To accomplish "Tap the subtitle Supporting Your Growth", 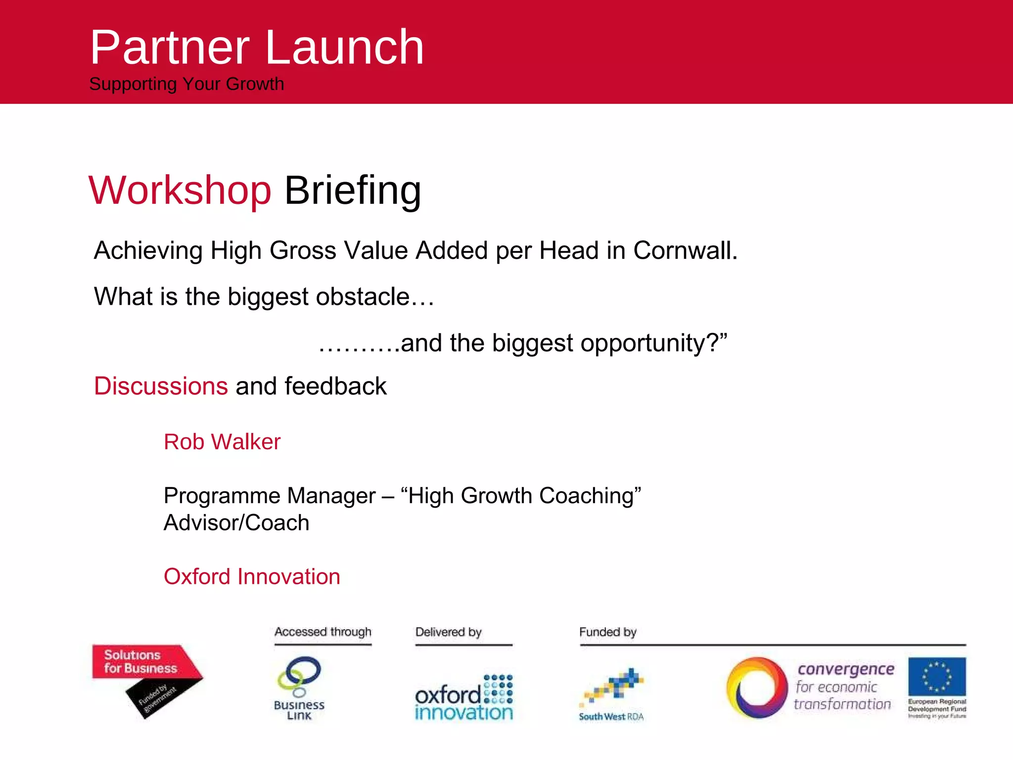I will point(186,84).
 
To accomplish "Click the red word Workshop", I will point(180,190).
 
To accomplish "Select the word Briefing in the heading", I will point(353,190).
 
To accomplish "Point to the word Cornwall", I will point(685,250).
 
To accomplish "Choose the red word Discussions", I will point(161,386).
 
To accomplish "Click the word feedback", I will point(335,386).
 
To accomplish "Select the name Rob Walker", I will point(222,442).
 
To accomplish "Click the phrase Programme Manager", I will point(270,496).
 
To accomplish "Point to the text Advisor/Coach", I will point(236,523).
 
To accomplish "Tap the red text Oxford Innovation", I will point(252,577).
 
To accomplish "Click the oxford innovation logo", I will point(463,698).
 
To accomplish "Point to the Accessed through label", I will point(323,632).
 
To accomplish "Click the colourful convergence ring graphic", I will point(757,688).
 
